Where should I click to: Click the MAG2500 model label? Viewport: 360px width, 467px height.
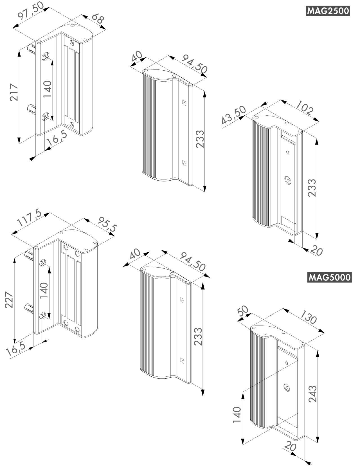328,11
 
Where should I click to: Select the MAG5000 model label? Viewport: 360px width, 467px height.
329,277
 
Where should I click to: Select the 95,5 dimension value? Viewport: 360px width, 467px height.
107,224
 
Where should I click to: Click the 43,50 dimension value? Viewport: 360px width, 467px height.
234,115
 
